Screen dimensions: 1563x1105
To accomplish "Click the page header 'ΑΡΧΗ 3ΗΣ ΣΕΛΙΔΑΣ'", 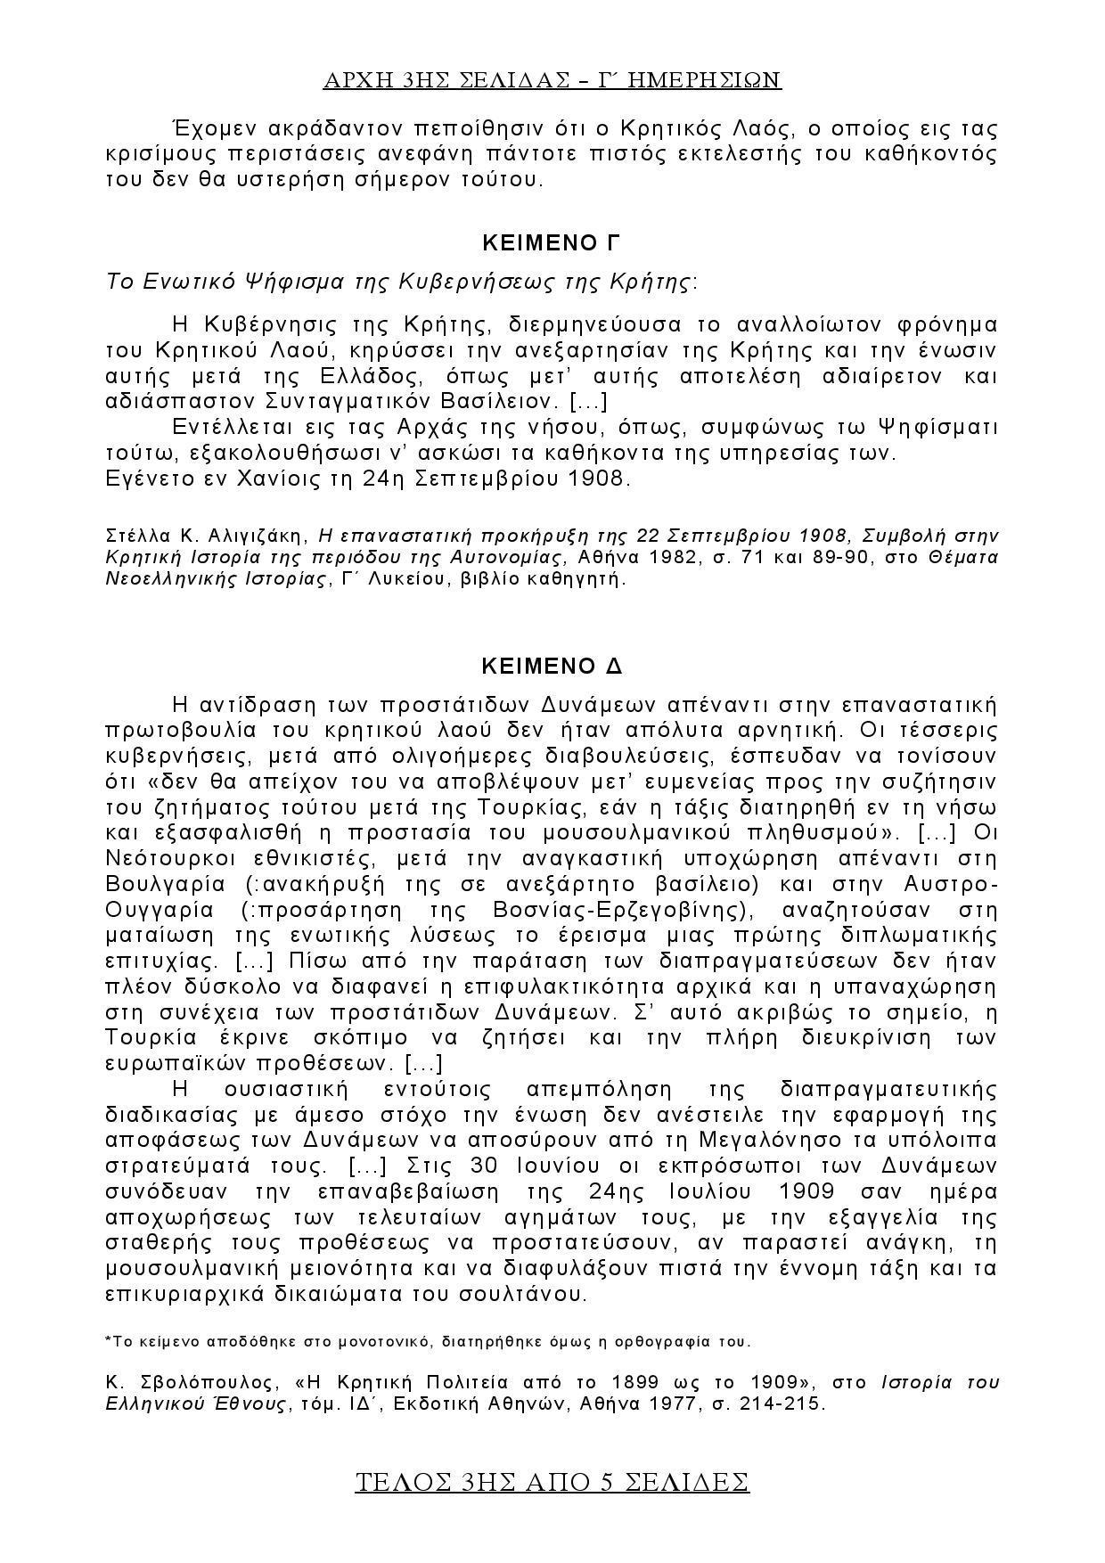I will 552,80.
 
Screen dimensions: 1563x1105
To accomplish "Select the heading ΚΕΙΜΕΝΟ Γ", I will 551,243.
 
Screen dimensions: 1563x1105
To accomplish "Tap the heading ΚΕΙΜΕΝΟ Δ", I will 551,666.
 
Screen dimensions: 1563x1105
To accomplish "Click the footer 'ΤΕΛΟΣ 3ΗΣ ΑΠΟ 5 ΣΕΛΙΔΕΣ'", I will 552,1482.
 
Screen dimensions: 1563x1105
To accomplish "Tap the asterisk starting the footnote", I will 108,1339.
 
